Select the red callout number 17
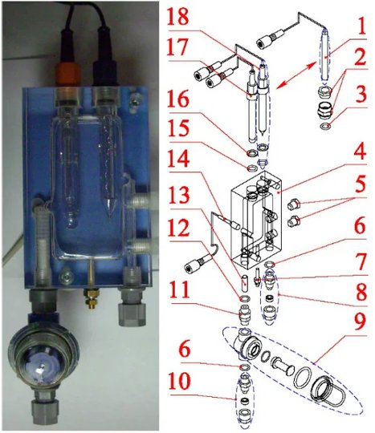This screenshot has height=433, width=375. [178, 47]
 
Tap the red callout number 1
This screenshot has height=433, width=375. [359, 26]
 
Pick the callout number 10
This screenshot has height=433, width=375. [180, 382]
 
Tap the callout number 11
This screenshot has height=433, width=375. [180, 289]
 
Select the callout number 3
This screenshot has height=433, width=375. [359, 94]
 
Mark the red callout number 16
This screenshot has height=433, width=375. [179, 99]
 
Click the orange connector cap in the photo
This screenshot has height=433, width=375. [67, 74]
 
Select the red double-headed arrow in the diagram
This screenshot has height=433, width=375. [296, 75]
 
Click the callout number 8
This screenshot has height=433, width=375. [360, 292]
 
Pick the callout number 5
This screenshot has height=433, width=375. [359, 184]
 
